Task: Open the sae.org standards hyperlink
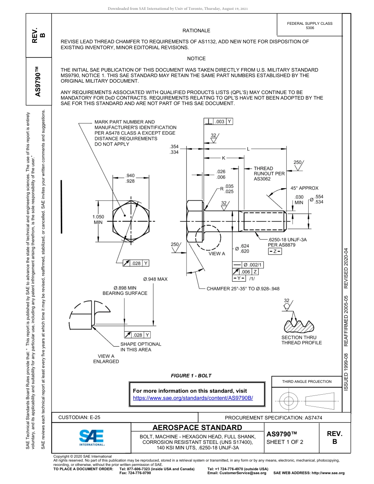point(193,398)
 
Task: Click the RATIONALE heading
point(196,30)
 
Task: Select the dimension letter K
point(223,158)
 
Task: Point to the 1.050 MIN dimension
point(98,220)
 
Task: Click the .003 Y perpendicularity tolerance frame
point(218,122)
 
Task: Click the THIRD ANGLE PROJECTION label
point(307,381)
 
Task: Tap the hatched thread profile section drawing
point(299,325)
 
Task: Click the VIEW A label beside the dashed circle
point(217,253)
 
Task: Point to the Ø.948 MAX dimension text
point(155,279)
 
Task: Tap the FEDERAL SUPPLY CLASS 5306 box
point(309,26)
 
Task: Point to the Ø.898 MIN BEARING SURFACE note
point(125,290)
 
